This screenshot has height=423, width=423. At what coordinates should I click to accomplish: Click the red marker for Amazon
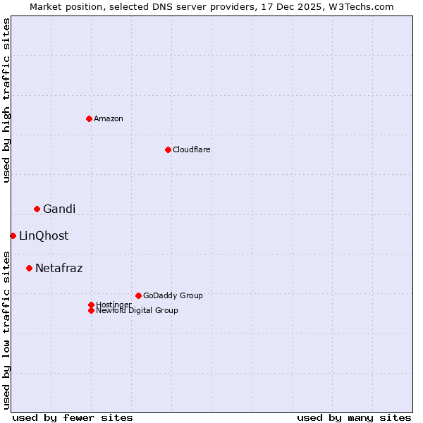point(89,118)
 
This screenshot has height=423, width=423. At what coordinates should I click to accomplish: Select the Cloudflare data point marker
point(168,149)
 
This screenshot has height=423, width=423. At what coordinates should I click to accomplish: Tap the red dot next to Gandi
point(37,209)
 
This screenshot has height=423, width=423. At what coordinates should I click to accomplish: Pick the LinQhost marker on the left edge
point(13,235)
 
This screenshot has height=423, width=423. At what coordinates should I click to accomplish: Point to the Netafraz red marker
point(29,268)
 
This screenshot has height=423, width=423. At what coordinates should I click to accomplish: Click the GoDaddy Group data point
point(138,295)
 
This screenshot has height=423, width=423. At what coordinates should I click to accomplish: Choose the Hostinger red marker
point(91,305)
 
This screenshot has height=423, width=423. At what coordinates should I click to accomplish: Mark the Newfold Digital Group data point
point(91,310)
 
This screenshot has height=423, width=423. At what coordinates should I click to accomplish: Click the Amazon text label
point(109,118)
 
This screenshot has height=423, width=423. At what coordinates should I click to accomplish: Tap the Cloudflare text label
point(192,149)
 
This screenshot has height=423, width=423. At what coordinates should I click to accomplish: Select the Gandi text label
point(59,209)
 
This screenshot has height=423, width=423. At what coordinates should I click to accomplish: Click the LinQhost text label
point(44,235)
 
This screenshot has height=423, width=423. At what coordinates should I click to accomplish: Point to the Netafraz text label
point(59,268)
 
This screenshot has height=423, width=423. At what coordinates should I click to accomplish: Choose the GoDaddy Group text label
point(173,295)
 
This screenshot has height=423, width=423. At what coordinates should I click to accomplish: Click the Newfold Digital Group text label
point(137,311)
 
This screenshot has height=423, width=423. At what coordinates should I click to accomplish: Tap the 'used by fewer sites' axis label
point(73,417)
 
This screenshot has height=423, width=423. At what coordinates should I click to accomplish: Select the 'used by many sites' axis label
point(354,417)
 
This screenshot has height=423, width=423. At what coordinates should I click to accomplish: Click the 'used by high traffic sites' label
point(6,101)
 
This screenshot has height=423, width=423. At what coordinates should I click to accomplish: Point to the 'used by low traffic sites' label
point(6,329)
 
